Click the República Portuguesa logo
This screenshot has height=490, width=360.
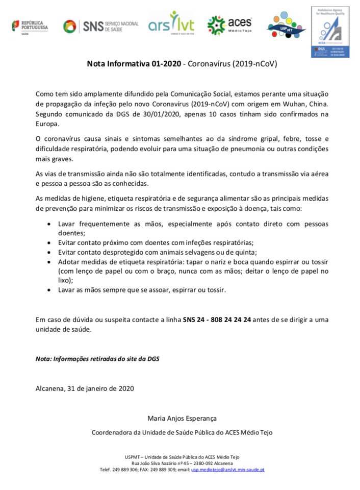(30, 26)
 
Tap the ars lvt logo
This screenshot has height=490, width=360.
(171, 23)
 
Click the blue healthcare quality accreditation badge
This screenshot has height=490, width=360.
(330, 32)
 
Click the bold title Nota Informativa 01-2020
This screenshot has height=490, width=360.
(134, 65)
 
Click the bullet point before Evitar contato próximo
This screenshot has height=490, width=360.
(49, 242)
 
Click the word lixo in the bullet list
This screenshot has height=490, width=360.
(64, 280)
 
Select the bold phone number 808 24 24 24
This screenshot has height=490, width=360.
(230, 320)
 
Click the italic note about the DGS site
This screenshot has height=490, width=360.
(97, 358)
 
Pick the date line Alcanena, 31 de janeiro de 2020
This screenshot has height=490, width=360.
(85, 388)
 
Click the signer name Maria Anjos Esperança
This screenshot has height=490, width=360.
(182, 419)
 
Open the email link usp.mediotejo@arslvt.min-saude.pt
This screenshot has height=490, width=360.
(227, 470)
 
